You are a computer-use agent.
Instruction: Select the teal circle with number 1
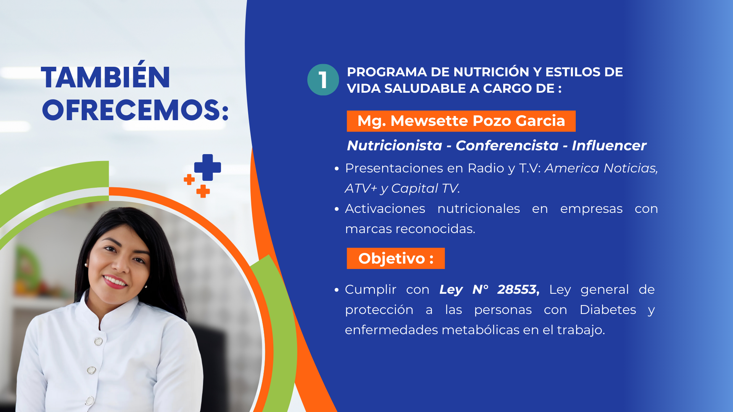click(x=323, y=80)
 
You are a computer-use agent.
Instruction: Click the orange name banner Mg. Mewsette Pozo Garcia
click(x=461, y=121)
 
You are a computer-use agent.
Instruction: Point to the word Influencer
click(x=609, y=145)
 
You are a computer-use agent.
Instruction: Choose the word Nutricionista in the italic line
click(x=394, y=145)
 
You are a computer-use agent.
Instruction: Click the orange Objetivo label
click(x=396, y=258)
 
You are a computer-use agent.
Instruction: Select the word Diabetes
click(x=608, y=309)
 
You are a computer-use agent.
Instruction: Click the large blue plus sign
click(x=208, y=167)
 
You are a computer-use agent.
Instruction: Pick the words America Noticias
click(x=601, y=168)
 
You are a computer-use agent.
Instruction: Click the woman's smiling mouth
click(x=115, y=282)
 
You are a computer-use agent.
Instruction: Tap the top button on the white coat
click(x=98, y=341)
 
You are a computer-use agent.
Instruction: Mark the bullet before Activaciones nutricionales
click(x=337, y=209)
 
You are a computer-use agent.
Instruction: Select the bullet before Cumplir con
click(x=337, y=290)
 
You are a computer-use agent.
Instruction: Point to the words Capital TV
click(x=425, y=188)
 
